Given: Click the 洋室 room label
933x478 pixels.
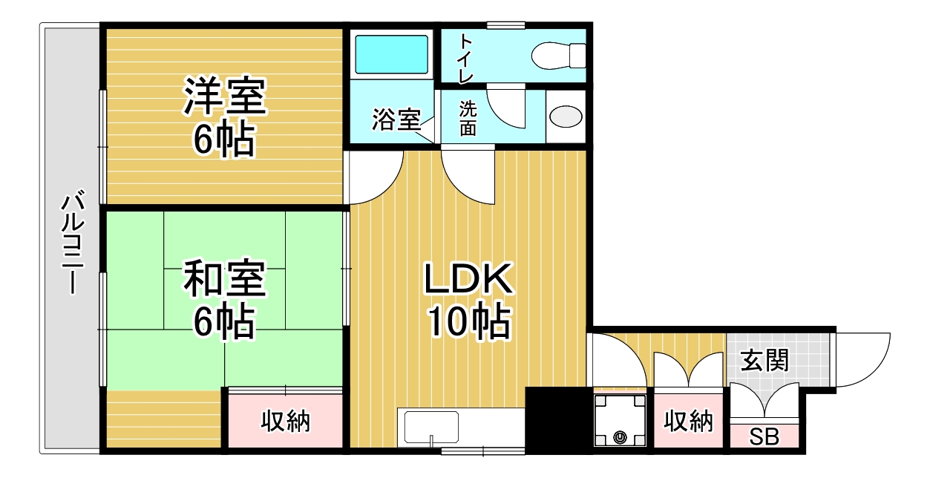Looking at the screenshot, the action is point(224,96).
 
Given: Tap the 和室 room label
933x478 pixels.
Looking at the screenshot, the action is point(224,278).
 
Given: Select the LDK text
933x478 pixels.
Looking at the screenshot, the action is point(468,278).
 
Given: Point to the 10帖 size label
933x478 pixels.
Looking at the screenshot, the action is point(469,321).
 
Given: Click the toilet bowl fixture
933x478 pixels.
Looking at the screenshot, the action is point(558,56).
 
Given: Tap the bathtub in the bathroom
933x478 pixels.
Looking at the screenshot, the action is point(391,55).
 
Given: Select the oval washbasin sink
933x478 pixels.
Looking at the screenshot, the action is point(565,117).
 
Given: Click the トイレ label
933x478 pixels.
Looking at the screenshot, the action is point(466,59).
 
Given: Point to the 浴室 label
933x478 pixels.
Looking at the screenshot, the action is point(396,119).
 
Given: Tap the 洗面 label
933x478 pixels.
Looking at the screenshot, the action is point(468,119).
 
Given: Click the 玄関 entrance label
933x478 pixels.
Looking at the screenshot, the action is point(765,360).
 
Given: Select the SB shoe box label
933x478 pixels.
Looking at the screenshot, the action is point(765,436).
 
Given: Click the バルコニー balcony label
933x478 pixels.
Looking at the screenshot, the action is point(73,241).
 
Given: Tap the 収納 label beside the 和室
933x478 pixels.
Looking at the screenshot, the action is point(286,421).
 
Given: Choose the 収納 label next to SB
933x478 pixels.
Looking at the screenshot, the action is point(689,421).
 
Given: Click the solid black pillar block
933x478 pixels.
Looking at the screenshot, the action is point(559,419).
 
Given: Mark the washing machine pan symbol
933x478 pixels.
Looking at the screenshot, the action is point(620,421).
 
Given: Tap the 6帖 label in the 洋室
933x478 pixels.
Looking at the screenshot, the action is point(223,139).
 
